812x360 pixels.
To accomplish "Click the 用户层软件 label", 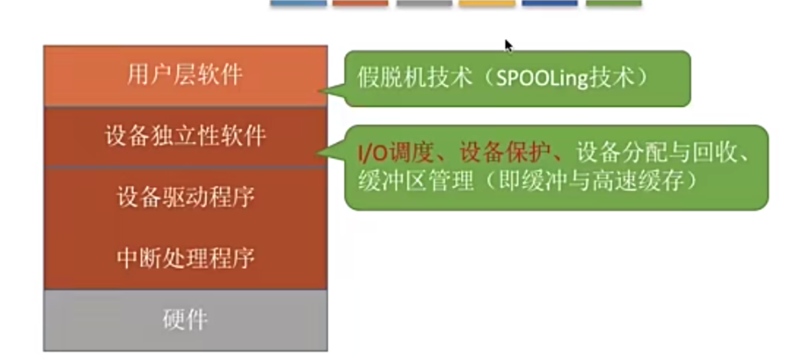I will click(x=185, y=75).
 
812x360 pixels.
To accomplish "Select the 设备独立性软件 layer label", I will click(x=185, y=136).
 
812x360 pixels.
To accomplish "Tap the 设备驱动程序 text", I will click(x=185, y=197).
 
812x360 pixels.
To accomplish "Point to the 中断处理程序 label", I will click(x=185, y=258).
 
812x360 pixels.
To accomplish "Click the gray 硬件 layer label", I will click(x=185, y=320).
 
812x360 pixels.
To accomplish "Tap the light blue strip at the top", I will click(x=298, y=3).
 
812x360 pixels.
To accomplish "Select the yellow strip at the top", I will click(x=486, y=3).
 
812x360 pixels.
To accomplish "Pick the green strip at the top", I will click(x=613, y=3).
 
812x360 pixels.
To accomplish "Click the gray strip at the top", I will click(x=424, y=3).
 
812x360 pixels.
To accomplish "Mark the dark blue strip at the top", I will click(x=550, y=3).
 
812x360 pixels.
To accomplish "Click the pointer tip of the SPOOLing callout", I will click(x=321, y=92).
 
